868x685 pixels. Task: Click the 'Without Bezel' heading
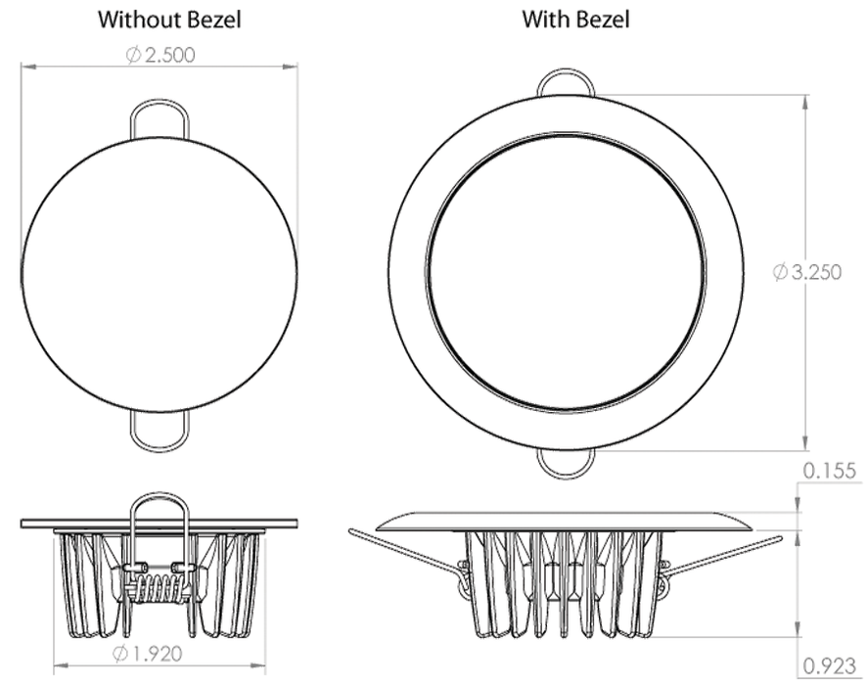click(169, 20)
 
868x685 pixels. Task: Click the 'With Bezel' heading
click(575, 20)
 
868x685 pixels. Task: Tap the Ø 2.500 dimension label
click(160, 55)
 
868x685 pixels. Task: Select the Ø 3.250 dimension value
click(807, 272)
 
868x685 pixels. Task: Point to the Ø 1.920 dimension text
click(147, 654)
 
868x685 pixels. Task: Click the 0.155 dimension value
click(829, 470)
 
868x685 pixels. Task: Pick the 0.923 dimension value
click(829, 665)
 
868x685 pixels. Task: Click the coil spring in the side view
click(160, 589)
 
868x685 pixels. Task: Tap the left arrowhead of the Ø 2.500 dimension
click(28, 67)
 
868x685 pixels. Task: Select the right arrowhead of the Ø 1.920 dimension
click(258, 665)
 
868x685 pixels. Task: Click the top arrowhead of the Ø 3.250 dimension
click(804, 103)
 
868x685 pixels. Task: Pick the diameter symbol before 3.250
click(780, 272)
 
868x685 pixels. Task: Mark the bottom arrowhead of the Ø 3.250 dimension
click(804, 443)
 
